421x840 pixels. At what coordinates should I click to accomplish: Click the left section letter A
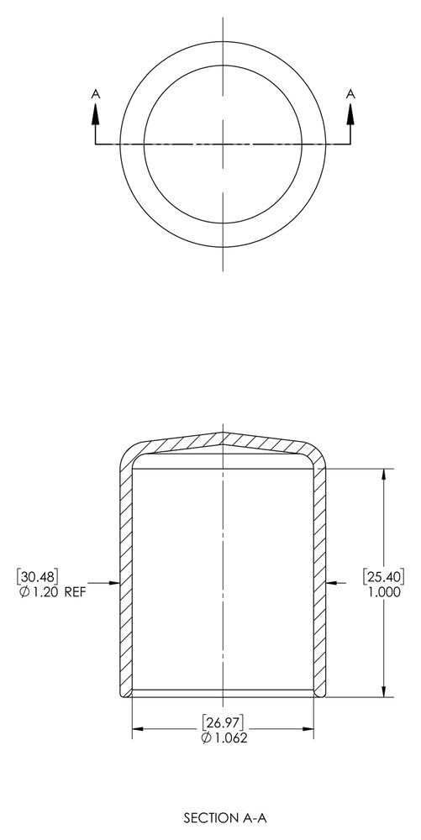click(95, 97)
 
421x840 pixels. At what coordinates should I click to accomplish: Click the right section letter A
click(350, 97)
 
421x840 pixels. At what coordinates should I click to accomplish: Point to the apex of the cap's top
click(223, 433)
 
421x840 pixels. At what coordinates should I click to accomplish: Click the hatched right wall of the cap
click(319, 580)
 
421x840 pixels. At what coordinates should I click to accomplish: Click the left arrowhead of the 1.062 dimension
click(137, 729)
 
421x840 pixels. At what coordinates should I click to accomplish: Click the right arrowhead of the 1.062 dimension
click(308, 729)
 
